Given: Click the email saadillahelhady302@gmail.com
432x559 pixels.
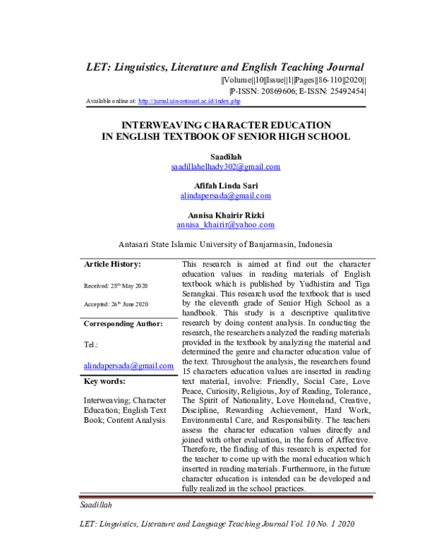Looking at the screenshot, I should (225, 166).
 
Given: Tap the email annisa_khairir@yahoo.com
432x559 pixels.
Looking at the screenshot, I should (225, 224).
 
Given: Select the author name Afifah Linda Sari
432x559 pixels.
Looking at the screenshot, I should (225, 185).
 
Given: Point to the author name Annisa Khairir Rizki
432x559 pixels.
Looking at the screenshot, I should (225, 214).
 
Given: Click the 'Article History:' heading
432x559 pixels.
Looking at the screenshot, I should (112, 265).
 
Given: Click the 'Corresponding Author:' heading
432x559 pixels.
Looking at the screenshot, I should (123, 323).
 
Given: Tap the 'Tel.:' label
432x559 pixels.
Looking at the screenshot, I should (91, 345).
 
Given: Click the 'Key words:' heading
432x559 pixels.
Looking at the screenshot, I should (105, 380).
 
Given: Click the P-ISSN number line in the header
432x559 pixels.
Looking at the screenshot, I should (297, 91).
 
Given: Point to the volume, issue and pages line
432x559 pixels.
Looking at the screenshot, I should (294, 80).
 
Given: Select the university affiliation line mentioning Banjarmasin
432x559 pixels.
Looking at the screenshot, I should (225, 243).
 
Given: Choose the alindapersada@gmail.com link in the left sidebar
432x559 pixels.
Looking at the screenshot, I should (129, 366).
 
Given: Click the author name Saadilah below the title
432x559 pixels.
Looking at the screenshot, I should (225, 156).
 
